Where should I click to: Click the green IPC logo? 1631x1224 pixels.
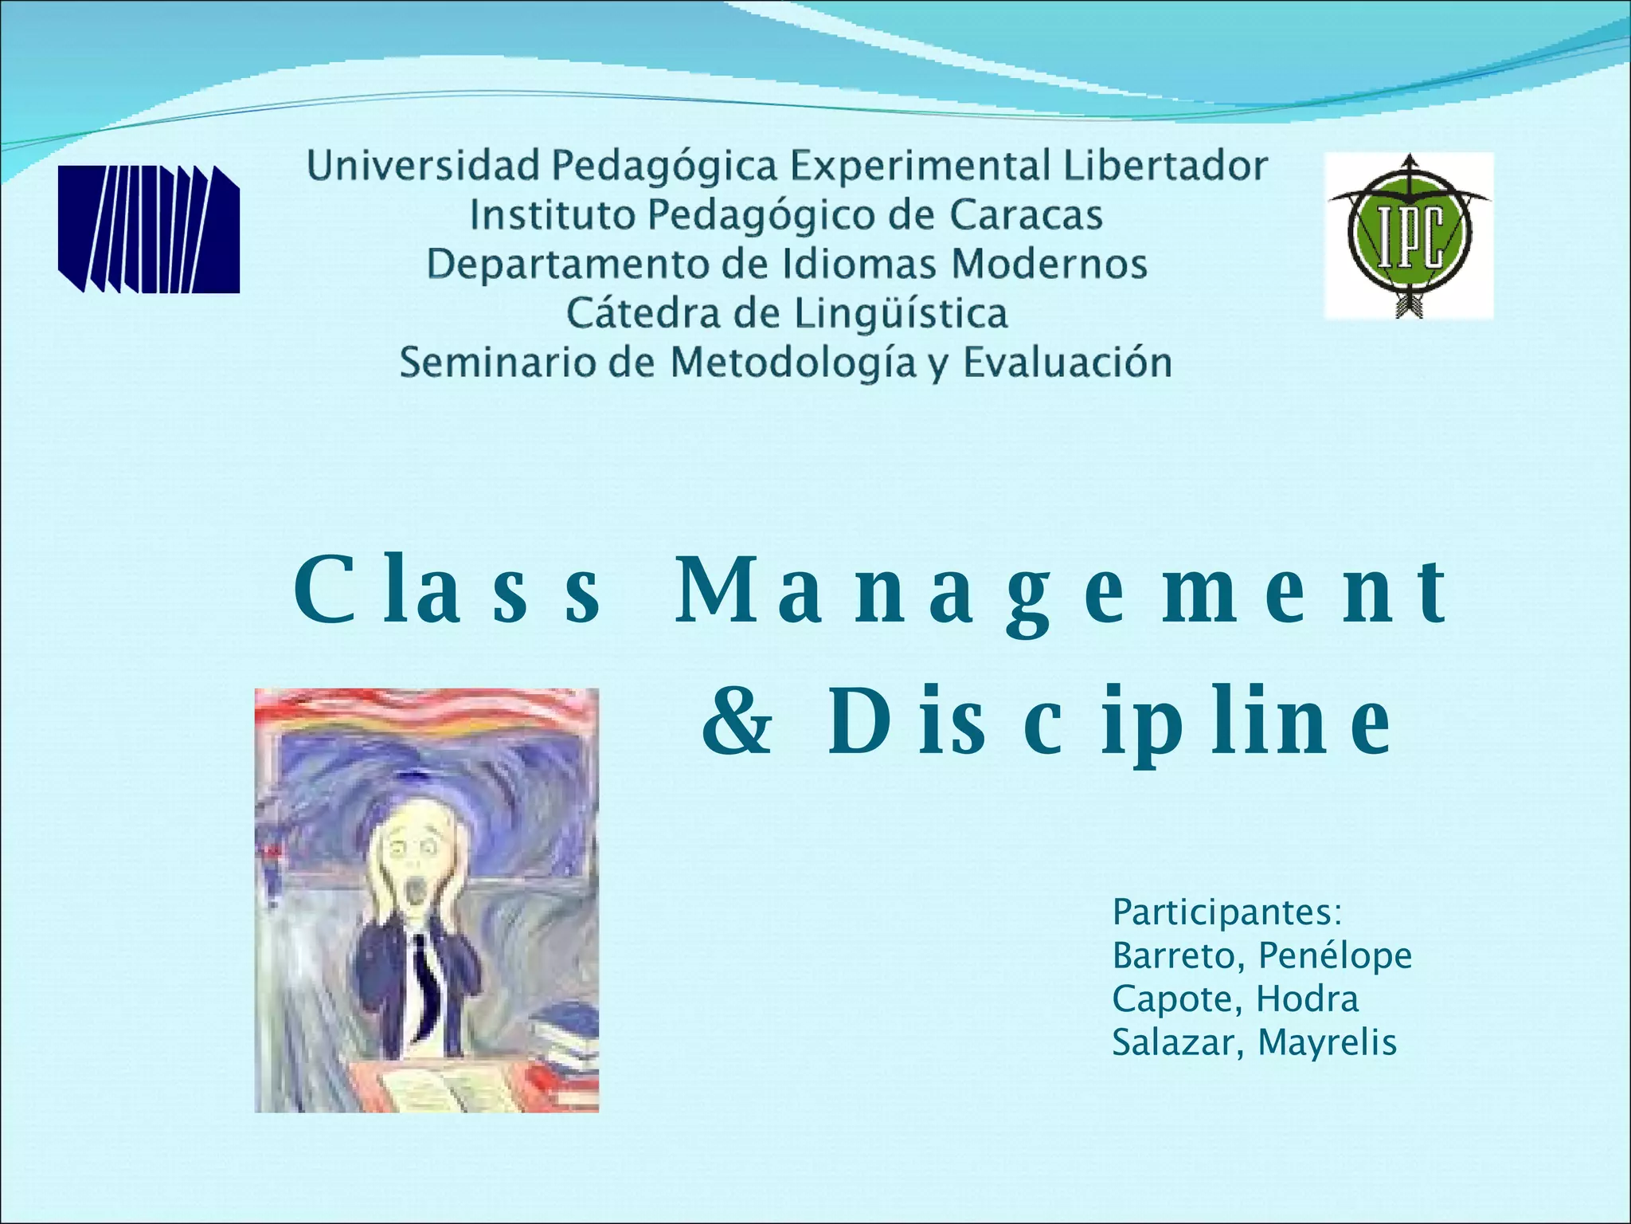1408,235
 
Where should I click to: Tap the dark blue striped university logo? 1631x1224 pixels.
149,229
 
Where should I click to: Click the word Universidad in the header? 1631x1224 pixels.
424,167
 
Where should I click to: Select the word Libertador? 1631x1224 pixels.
1165,167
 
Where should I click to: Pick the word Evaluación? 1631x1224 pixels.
1067,363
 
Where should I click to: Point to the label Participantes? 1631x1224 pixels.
1227,912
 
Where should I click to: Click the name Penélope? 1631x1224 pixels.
1336,955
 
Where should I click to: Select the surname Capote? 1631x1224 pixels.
1172,999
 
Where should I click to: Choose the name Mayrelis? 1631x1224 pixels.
1327,1042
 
